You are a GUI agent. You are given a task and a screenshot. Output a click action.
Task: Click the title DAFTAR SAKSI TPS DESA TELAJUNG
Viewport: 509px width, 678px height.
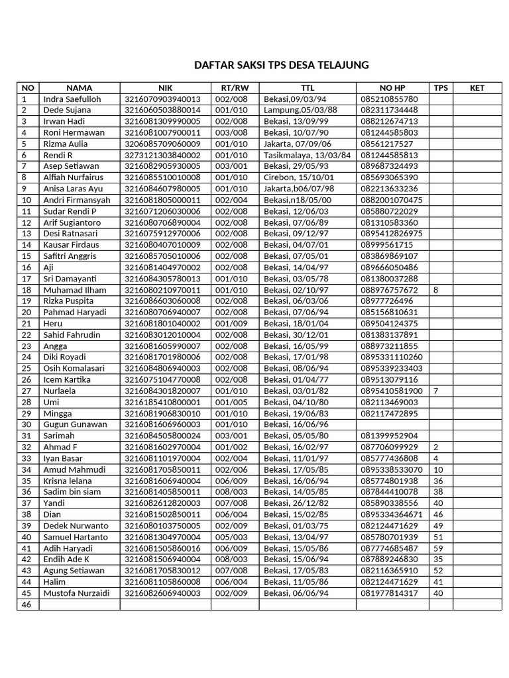point(281,65)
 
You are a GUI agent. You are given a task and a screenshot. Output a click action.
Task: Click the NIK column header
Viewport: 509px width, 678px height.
point(165,87)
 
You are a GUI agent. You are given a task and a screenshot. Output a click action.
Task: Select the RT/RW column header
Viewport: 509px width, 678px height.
point(235,87)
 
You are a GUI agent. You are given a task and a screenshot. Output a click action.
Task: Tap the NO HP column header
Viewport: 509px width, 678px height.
point(392,87)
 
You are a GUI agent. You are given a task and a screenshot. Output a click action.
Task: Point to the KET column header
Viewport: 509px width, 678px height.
point(477,87)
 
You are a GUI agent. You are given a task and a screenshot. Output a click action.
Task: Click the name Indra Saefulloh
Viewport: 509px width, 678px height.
point(72,99)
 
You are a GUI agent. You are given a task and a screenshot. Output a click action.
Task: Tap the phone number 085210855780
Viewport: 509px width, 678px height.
point(389,99)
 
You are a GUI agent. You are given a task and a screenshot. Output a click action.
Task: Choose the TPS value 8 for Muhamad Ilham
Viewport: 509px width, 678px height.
point(435,290)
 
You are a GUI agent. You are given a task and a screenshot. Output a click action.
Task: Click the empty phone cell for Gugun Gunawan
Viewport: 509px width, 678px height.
point(392,424)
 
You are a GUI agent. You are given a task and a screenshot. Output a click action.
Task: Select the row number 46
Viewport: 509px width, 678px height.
point(27,605)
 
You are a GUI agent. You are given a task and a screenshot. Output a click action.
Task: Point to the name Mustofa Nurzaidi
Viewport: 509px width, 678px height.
point(76,593)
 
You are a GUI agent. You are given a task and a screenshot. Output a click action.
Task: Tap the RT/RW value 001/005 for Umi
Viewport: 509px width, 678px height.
point(231,402)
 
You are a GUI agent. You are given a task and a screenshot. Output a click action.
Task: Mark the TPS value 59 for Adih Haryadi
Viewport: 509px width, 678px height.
point(438,548)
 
